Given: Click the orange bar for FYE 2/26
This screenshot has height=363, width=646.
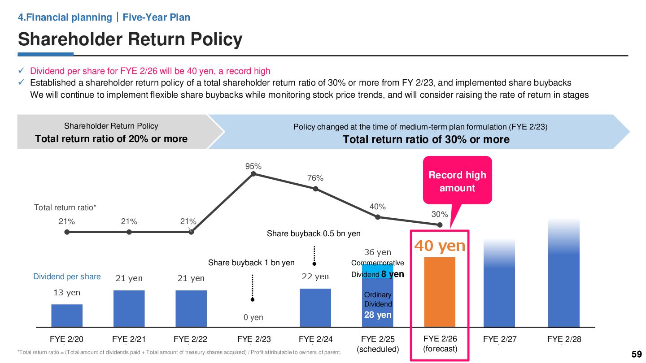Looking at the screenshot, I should click(x=440, y=291).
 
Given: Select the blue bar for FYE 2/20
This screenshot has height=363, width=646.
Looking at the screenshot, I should click(x=67, y=315).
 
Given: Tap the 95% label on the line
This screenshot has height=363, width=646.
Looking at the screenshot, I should click(x=253, y=166).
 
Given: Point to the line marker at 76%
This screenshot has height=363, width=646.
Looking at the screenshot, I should click(x=315, y=189).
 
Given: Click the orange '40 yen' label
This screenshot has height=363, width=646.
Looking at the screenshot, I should click(x=440, y=246).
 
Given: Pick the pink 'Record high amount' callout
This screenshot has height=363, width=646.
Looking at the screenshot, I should click(x=457, y=181).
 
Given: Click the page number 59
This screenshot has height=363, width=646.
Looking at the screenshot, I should click(x=637, y=354).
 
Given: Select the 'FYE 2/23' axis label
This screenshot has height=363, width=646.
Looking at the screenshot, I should click(x=254, y=339).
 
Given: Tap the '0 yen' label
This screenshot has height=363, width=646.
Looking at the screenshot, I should click(x=253, y=317).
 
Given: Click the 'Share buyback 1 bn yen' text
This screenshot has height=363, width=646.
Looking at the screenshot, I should click(x=251, y=263).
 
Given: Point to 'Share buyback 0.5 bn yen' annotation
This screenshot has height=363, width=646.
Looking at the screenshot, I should click(x=314, y=233).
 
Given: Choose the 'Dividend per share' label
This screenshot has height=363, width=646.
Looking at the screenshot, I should click(x=67, y=277).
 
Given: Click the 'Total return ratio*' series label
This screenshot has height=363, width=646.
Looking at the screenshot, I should click(x=65, y=207).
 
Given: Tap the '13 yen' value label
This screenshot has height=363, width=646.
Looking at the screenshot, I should click(x=67, y=293).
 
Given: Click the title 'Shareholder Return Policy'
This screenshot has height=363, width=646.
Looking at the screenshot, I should click(x=130, y=39).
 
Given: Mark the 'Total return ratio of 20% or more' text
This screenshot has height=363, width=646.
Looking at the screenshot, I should click(x=111, y=139).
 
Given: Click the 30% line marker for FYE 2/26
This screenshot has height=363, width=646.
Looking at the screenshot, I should click(x=440, y=225).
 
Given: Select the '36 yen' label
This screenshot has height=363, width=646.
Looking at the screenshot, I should click(x=377, y=253).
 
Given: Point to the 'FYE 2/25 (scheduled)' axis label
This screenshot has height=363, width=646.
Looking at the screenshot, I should click(x=377, y=344).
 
